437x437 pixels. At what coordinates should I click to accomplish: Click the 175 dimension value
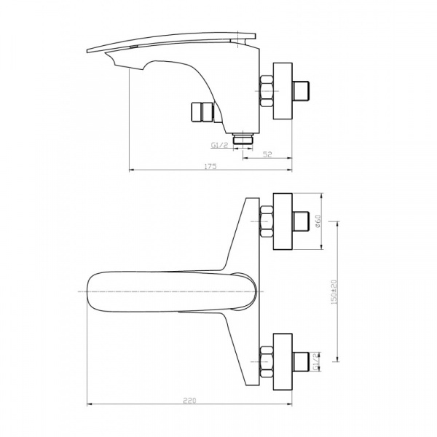click(x=210, y=166)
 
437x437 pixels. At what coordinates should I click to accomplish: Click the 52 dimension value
click(x=267, y=154)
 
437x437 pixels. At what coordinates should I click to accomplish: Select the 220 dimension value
click(x=190, y=401)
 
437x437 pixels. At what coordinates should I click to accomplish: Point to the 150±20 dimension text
click(x=334, y=292)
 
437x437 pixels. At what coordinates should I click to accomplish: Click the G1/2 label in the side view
click(x=220, y=145)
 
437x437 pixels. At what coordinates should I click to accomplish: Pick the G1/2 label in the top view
click(x=316, y=361)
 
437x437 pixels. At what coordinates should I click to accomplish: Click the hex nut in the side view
click(x=266, y=90)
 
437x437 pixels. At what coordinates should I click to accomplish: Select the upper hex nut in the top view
click(x=266, y=221)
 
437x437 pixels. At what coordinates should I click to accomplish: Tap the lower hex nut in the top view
click(x=266, y=362)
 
